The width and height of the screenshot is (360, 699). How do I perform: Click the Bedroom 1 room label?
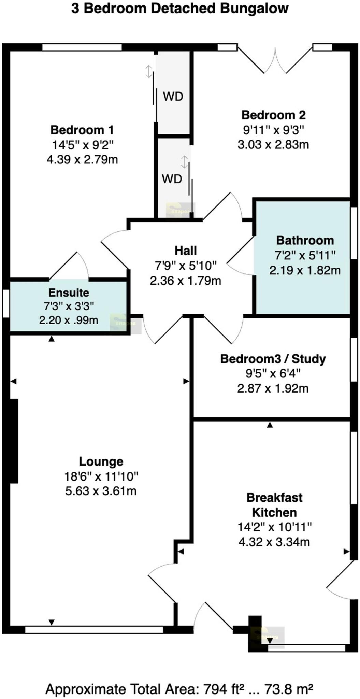[82, 130]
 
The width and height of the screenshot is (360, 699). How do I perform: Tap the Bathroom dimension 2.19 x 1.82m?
[305, 270]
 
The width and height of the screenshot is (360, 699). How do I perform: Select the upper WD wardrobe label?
[173, 97]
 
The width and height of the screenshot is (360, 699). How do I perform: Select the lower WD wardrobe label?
[172, 179]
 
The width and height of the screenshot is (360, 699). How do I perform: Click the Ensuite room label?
[69, 293]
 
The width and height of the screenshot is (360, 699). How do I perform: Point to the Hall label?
[186, 251]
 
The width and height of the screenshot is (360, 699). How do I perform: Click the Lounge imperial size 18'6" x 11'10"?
[101, 476]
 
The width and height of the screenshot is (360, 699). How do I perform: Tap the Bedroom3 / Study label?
[273, 359]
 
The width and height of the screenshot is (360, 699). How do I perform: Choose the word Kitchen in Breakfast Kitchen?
[274, 512]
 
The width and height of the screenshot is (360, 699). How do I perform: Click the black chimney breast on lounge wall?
[14, 441]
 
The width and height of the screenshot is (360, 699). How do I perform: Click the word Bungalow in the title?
[254, 8]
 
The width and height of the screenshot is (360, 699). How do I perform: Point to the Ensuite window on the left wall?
[6, 303]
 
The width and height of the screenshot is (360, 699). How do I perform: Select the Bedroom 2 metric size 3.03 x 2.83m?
[273, 144]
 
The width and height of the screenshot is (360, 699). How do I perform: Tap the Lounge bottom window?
[94, 630]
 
